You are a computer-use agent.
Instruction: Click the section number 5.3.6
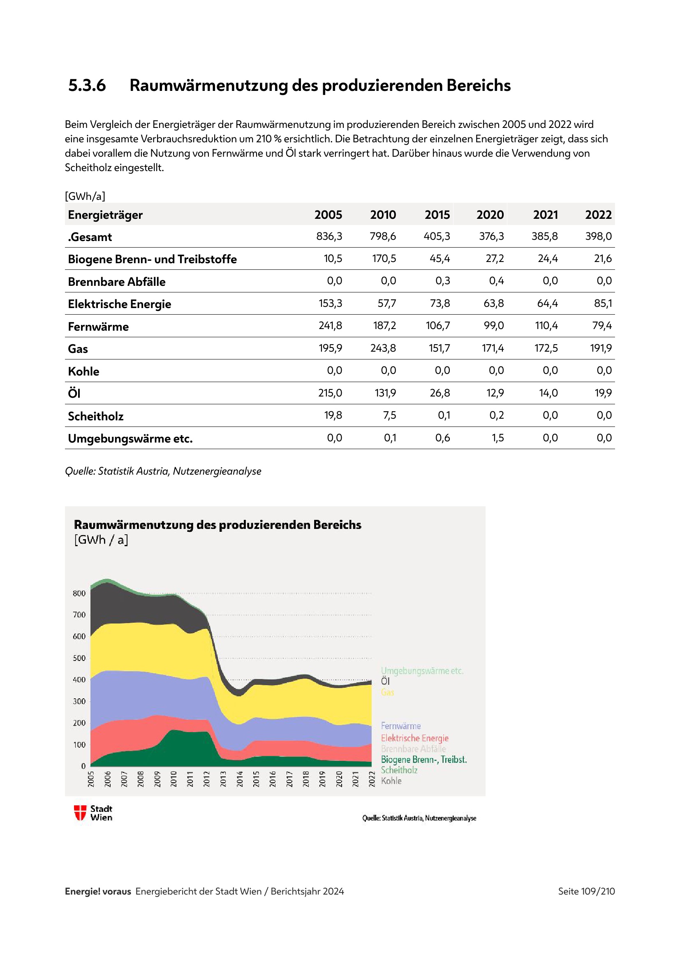[87, 86]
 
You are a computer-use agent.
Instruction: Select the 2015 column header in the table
[437, 215]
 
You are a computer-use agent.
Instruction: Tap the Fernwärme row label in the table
[98, 327]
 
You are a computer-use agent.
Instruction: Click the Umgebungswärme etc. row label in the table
[130, 439]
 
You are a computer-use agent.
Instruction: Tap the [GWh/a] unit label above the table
[85, 196]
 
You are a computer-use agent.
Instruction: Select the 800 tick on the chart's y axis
[79, 593]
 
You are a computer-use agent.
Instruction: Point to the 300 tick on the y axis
[79, 701]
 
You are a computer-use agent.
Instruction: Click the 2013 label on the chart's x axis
[223, 779]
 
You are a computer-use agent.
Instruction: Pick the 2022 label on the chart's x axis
[371, 779]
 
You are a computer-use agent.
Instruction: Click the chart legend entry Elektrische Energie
[414, 738]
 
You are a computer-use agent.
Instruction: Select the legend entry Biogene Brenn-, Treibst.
[424, 760]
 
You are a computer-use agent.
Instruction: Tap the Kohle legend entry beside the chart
[391, 781]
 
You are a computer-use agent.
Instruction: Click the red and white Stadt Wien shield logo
[80, 813]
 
